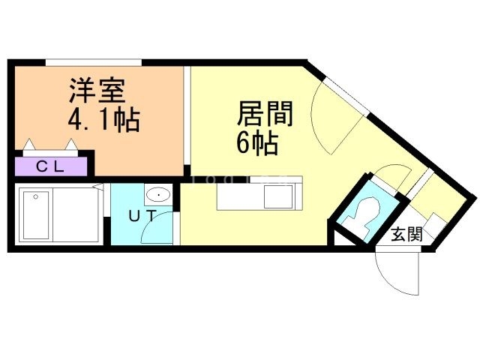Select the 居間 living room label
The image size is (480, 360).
[263, 115]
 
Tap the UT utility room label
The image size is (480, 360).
[142, 216]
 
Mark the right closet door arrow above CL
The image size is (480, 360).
[73, 144]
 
